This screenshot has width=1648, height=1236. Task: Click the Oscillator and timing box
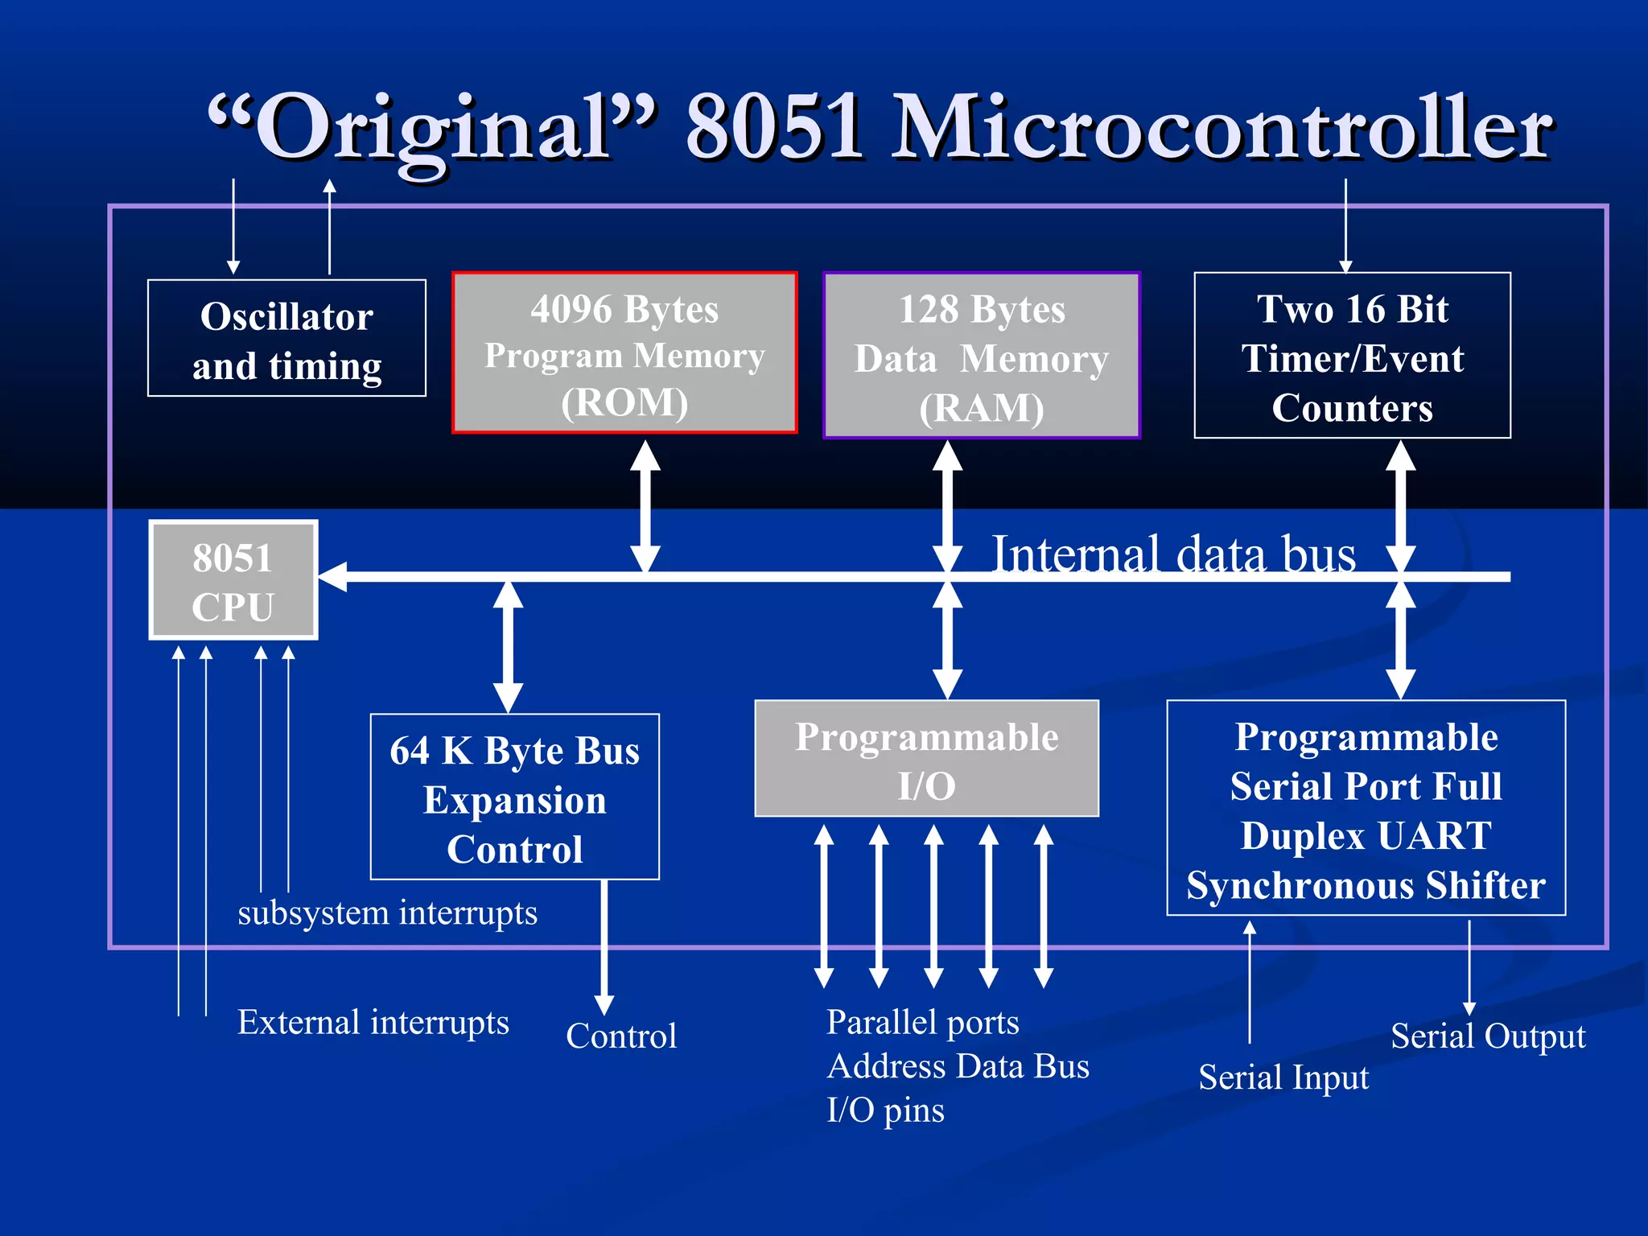pos(286,339)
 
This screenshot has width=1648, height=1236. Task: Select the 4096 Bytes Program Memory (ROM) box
pos(624,353)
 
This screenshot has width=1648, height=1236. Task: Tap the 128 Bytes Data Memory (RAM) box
pos(982,356)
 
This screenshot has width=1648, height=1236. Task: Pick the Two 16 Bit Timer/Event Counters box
pos(1352,356)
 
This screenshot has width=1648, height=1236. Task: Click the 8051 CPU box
pos(233,580)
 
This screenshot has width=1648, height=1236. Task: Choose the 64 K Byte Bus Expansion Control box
pos(515,797)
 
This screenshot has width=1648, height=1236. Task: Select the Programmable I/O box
pos(926,759)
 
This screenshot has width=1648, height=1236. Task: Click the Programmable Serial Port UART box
pos(1366,809)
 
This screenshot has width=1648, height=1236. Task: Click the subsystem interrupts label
pos(387,913)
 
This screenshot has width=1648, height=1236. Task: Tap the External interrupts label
pos(373,1023)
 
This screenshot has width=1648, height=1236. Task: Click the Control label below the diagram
pos(621,1036)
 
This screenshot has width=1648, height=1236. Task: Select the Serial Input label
pos(1283,1077)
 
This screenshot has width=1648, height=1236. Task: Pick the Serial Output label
pos(1488,1036)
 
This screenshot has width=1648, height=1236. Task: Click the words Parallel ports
pos(923,1023)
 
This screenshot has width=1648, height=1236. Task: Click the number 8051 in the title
pos(775,127)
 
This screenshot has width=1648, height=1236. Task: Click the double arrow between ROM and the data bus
pos(645,507)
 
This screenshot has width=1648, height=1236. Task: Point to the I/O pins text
pos(885,1110)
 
